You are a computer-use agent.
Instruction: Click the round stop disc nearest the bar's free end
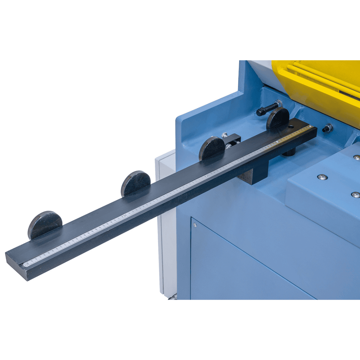pos(45,224)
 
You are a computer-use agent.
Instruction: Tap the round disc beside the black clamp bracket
pos(211,148)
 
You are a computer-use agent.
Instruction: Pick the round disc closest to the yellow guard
pos(277,118)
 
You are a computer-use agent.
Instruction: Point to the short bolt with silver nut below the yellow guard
pos(327,129)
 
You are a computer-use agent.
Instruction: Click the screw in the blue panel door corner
pos(195,224)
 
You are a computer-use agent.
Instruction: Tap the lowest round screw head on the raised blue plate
pos(355,195)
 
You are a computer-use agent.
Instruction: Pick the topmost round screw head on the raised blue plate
pos(356,157)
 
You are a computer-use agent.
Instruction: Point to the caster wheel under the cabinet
pos(172,298)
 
